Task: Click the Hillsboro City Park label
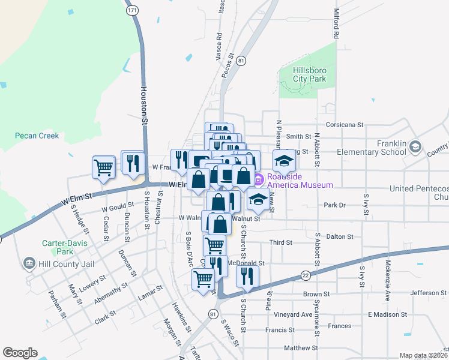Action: coord(309,74)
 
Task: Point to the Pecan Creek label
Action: coord(37,136)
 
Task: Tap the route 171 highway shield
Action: coord(132,11)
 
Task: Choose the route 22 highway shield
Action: coord(306,275)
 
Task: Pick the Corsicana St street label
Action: coord(345,125)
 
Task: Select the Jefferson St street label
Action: coord(428,293)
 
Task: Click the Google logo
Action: coord(20,353)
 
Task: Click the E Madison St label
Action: coord(387,314)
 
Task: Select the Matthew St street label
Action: coord(301,348)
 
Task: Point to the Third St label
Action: coord(280,243)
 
